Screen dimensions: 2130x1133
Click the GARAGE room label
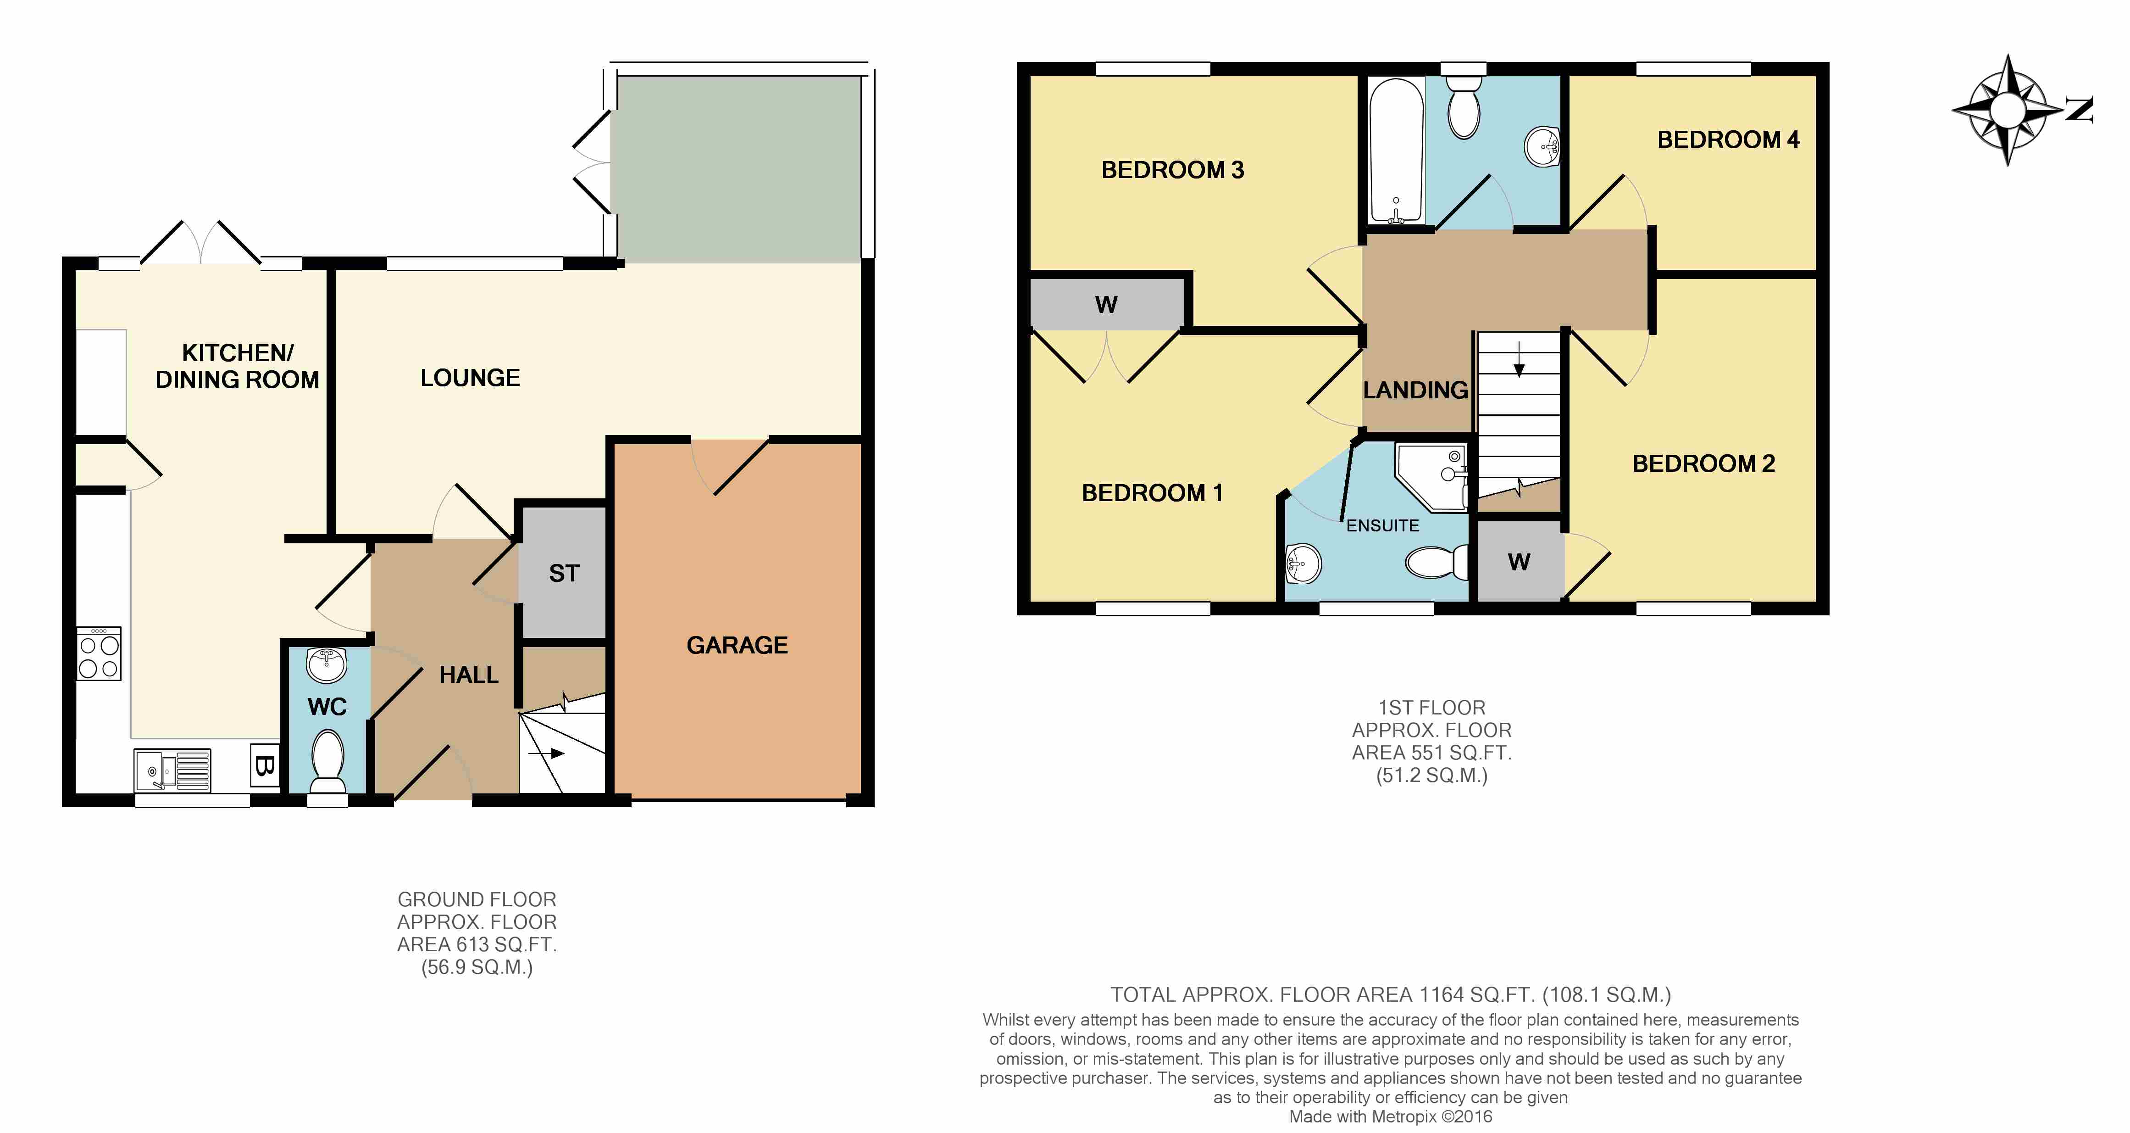pos(737,645)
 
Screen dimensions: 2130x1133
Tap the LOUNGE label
pos(470,378)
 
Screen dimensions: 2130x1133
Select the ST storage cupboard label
pos(564,573)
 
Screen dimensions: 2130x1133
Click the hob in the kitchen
pos(99,653)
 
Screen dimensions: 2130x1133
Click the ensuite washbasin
pos(1303,565)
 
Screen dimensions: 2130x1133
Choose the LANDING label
pos(1415,391)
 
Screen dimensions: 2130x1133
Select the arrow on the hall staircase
pos(547,753)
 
